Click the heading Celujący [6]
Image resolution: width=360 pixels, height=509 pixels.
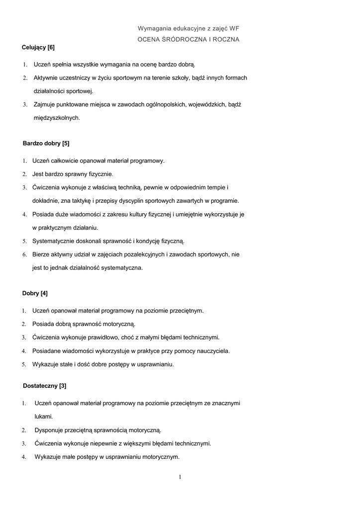click(x=38, y=48)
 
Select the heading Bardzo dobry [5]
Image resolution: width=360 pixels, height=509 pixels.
click(x=46, y=143)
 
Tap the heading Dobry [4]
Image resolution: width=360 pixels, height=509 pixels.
click(x=35, y=293)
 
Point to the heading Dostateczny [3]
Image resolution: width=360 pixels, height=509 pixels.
click(x=44, y=386)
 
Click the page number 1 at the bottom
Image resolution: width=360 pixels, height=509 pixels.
click(x=180, y=478)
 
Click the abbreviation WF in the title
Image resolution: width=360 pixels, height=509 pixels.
click(x=234, y=29)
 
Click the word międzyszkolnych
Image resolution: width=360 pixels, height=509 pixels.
click(x=56, y=118)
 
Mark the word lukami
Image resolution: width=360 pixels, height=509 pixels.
click(x=43, y=417)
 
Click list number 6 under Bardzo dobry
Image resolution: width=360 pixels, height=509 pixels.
click(x=24, y=254)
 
